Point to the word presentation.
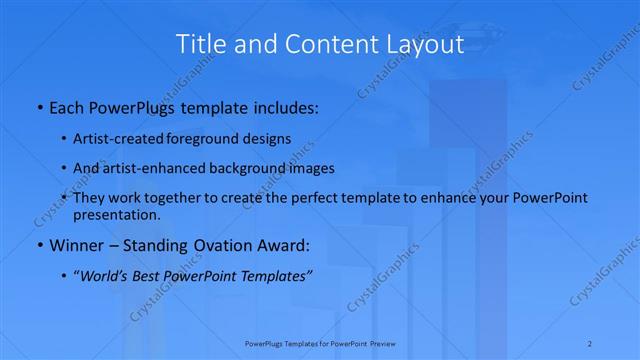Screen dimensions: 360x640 (116, 215)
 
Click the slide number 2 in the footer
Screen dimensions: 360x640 (592, 343)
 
